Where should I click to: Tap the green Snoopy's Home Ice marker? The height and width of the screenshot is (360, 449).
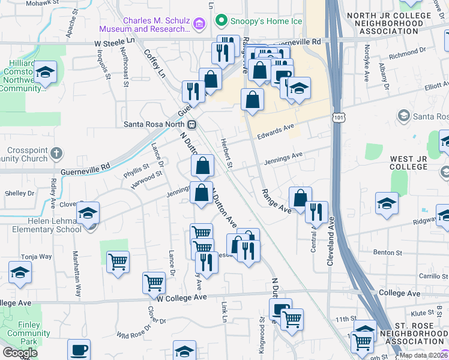(x=221, y=21)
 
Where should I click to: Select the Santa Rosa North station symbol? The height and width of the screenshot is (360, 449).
(x=192, y=125)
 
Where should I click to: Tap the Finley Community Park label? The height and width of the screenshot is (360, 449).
(x=25, y=333)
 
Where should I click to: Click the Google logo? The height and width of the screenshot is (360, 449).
(x=20, y=353)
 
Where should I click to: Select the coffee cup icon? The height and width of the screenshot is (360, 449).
(x=79, y=350)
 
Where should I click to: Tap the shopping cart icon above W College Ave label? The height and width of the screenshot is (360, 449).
(x=154, y=282)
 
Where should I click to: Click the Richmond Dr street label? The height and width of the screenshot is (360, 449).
(x=406, y=55)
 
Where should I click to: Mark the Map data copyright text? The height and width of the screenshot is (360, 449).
(x=424, y=355)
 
